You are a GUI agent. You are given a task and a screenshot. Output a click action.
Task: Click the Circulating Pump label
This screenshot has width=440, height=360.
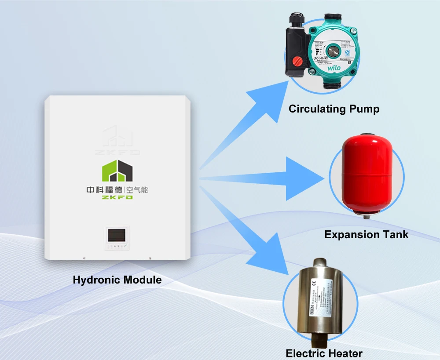[334, 109]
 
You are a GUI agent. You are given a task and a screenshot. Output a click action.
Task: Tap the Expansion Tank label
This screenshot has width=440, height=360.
[366, 235]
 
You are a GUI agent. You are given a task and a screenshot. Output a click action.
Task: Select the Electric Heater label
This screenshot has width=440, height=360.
[324, 353]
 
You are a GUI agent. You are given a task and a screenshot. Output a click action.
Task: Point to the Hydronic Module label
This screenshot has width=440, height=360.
[117, 280]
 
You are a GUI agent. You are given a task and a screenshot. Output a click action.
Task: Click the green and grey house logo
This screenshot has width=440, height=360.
[117, 171]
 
